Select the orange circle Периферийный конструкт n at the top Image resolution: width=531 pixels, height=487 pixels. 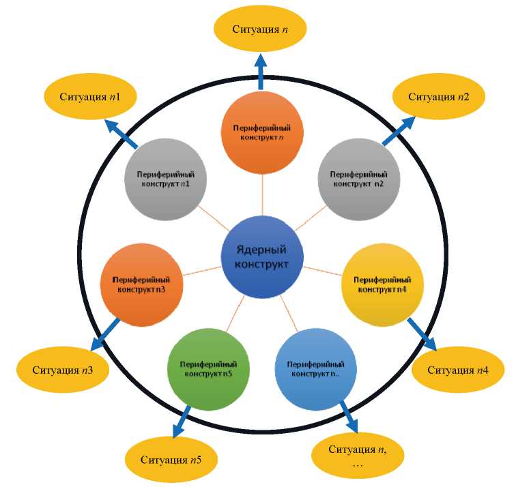click(262, 132)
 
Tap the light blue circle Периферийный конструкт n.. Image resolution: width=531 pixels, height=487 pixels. click(315, 369)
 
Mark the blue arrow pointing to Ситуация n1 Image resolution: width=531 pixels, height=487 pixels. click(121, 134)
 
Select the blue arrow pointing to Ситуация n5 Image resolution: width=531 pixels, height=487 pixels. click(182, 422)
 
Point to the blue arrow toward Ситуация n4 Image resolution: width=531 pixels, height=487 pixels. click(421, 334)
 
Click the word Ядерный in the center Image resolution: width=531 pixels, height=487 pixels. click(262, 250)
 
